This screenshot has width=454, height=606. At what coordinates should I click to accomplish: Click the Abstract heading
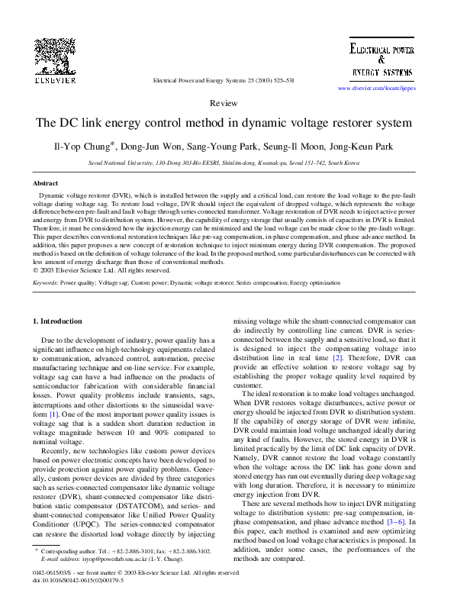click(47, 184)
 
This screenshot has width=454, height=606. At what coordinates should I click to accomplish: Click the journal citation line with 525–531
click(224, 79)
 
